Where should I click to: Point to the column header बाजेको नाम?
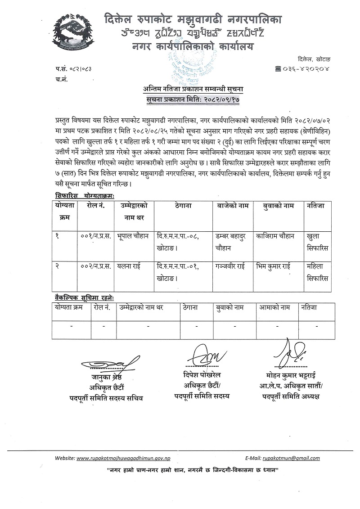231,206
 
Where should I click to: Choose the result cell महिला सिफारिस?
317,271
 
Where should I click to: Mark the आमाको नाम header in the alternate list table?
274,307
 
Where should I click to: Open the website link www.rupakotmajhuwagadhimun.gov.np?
124,458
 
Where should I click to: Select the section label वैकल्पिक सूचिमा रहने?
84,297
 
